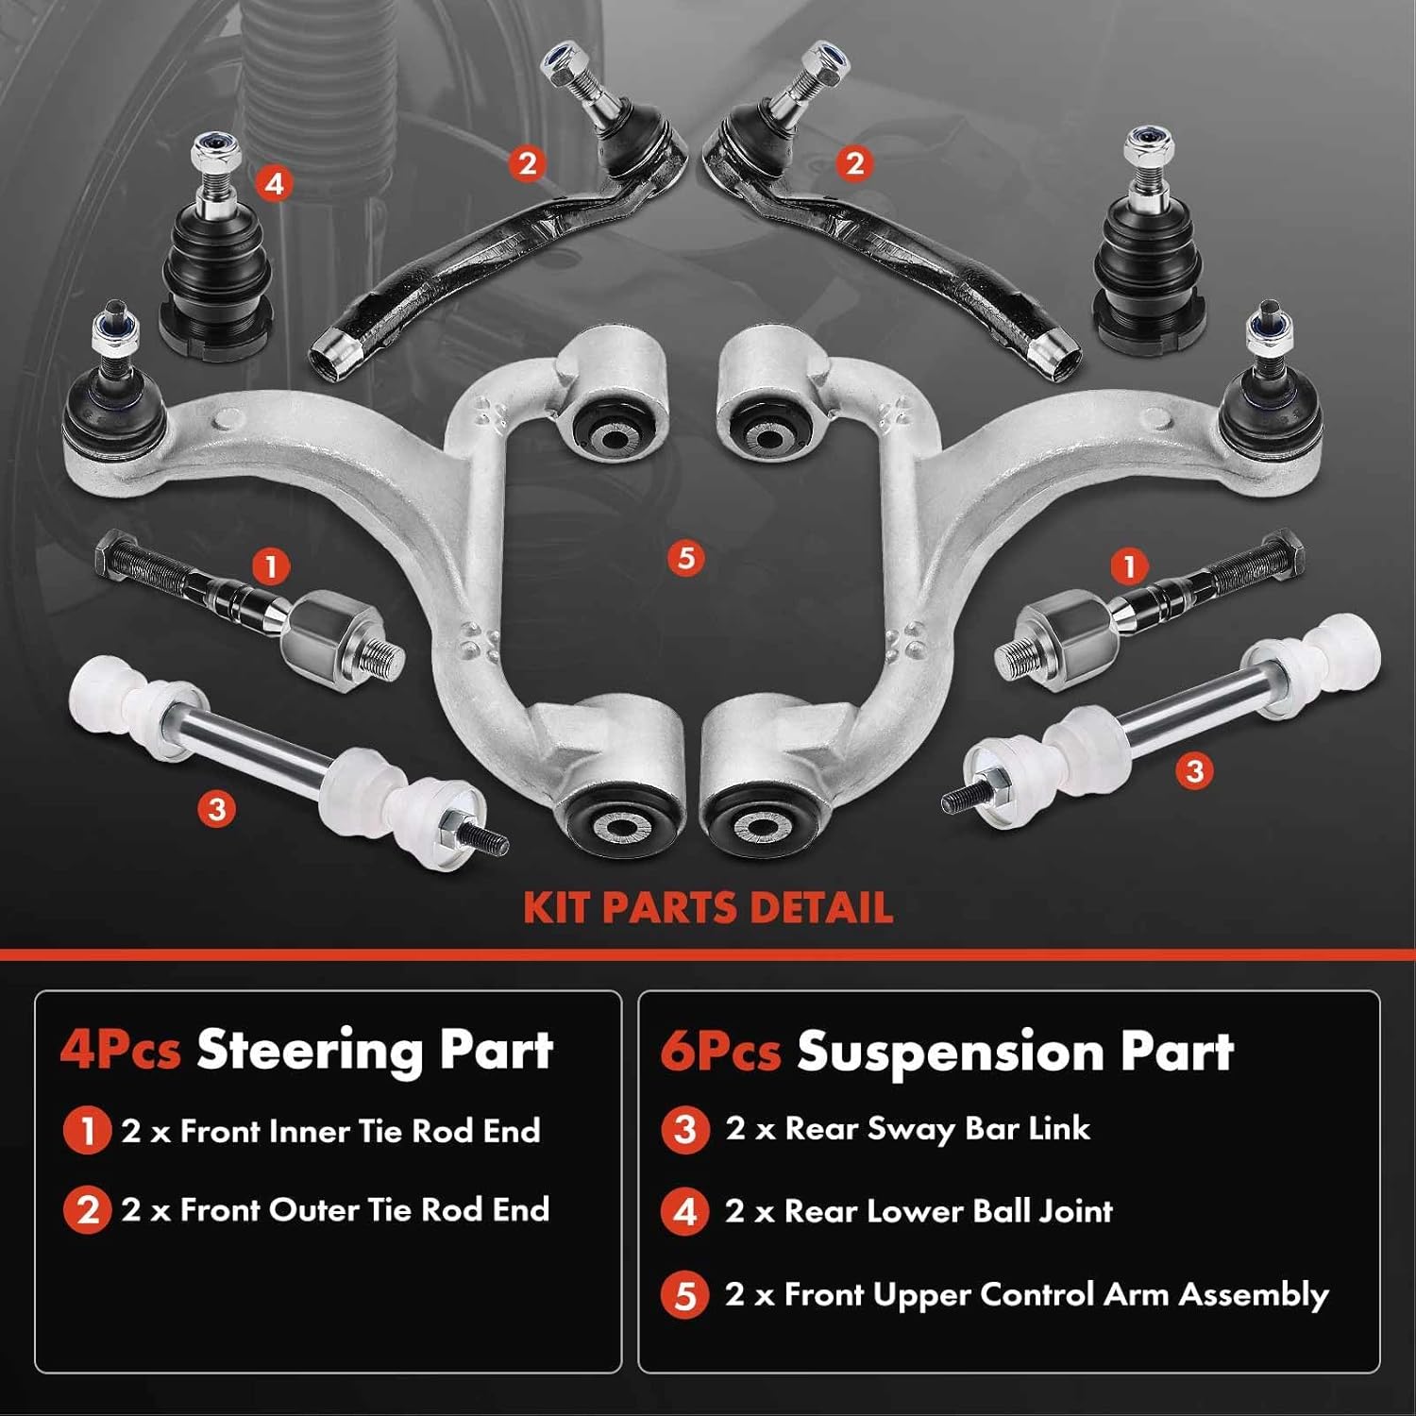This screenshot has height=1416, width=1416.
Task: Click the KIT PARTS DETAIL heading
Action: [708, 907]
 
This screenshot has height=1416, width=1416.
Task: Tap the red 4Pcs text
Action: [120, 1051]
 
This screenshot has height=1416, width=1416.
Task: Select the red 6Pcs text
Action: [720, 1052]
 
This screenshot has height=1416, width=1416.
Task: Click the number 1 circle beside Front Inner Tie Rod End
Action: [87, 1130]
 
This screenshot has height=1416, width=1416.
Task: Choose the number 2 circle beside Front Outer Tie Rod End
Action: [87, 1209]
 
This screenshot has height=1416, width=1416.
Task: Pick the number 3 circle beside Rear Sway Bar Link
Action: [685, 1129]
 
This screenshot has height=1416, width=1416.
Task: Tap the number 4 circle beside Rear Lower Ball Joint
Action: [685, 1211]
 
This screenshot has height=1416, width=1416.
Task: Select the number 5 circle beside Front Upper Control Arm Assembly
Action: [685, 1294]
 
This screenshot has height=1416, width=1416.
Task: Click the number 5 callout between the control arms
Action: [686, 558]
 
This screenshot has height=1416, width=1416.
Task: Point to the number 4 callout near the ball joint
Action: [275, 182]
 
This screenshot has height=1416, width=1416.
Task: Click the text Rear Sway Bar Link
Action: [936, 1129]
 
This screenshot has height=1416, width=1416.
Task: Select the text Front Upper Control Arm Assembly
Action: [1055, 1294]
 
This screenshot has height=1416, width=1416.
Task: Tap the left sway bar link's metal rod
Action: [245, 750]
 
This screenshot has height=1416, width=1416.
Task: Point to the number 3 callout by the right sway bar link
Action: [1194, 770]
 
